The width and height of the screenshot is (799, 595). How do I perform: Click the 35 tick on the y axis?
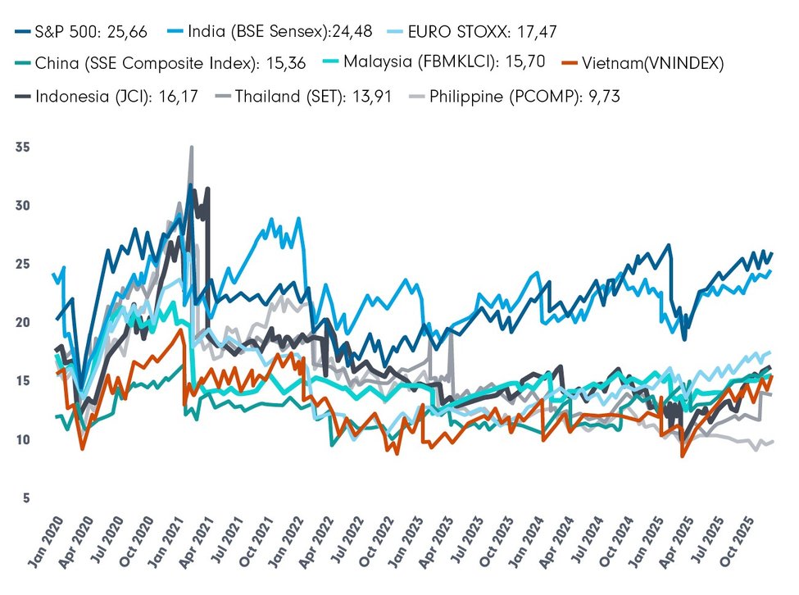point(22,148)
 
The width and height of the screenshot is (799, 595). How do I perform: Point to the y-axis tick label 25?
point(22,264)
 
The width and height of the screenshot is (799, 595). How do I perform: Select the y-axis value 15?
point(22,381)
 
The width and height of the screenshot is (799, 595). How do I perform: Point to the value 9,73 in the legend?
point(600,96)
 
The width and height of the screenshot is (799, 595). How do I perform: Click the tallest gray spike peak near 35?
point(192,148)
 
